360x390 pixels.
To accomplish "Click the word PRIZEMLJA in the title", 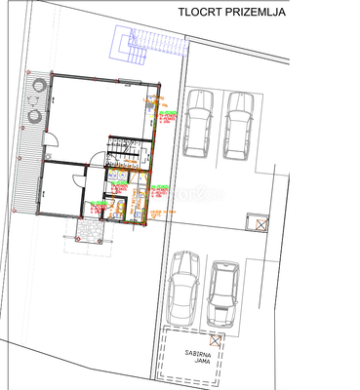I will click(x=256, y=13).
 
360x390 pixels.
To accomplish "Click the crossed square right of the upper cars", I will click(x=260, y=225).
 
